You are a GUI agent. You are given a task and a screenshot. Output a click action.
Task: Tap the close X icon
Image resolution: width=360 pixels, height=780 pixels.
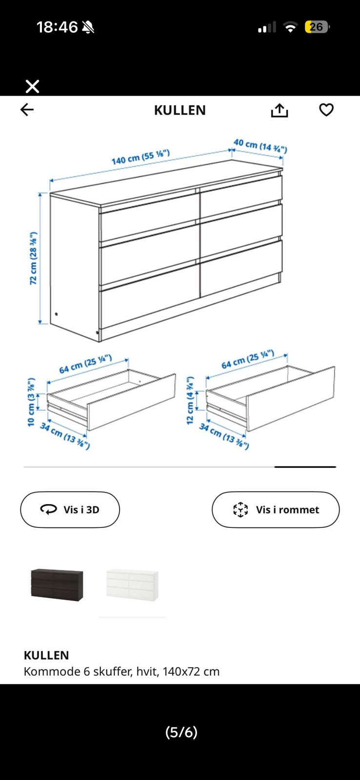pos(32,86)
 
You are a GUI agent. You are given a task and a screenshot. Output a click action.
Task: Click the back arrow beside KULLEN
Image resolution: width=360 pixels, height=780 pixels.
pos(27,110)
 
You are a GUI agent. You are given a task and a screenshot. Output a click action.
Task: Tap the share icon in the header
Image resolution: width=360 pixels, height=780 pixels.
pos(280,110)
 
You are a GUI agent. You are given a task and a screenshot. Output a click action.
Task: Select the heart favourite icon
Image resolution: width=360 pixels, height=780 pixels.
pos(326,110)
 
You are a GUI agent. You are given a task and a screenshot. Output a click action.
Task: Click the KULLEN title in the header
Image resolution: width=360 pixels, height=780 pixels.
pos(180,110)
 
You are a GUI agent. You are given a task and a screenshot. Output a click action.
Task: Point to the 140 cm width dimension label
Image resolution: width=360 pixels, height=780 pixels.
pos(140,157)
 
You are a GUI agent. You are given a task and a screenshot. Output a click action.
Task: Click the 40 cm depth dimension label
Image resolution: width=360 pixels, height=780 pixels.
pos(260,146)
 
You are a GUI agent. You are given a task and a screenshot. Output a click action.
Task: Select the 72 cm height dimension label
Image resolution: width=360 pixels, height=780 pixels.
pos(34,258)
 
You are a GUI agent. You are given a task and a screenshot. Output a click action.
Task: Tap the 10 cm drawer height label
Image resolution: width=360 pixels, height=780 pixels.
pos(31,402)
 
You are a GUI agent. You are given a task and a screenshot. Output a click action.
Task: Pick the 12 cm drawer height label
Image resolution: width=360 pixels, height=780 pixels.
pos(190,400)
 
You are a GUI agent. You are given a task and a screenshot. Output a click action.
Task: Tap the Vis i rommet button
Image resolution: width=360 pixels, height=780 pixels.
pos(276,509)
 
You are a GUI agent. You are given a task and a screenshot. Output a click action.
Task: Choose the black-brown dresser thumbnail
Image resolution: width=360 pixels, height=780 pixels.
pos(57,585)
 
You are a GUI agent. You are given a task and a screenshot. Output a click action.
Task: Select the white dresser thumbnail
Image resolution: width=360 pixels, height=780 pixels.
pos(132,585)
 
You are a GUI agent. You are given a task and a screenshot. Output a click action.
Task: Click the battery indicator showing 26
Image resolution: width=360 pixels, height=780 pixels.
pos(317,27)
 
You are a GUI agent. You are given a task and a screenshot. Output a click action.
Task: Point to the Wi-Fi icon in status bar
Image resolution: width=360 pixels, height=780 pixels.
pos(290,27)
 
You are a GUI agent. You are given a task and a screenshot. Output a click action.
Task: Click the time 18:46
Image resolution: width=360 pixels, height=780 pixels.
pos(57,27)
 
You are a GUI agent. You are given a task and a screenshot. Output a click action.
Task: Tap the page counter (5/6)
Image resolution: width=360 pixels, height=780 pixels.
pos(181,732)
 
